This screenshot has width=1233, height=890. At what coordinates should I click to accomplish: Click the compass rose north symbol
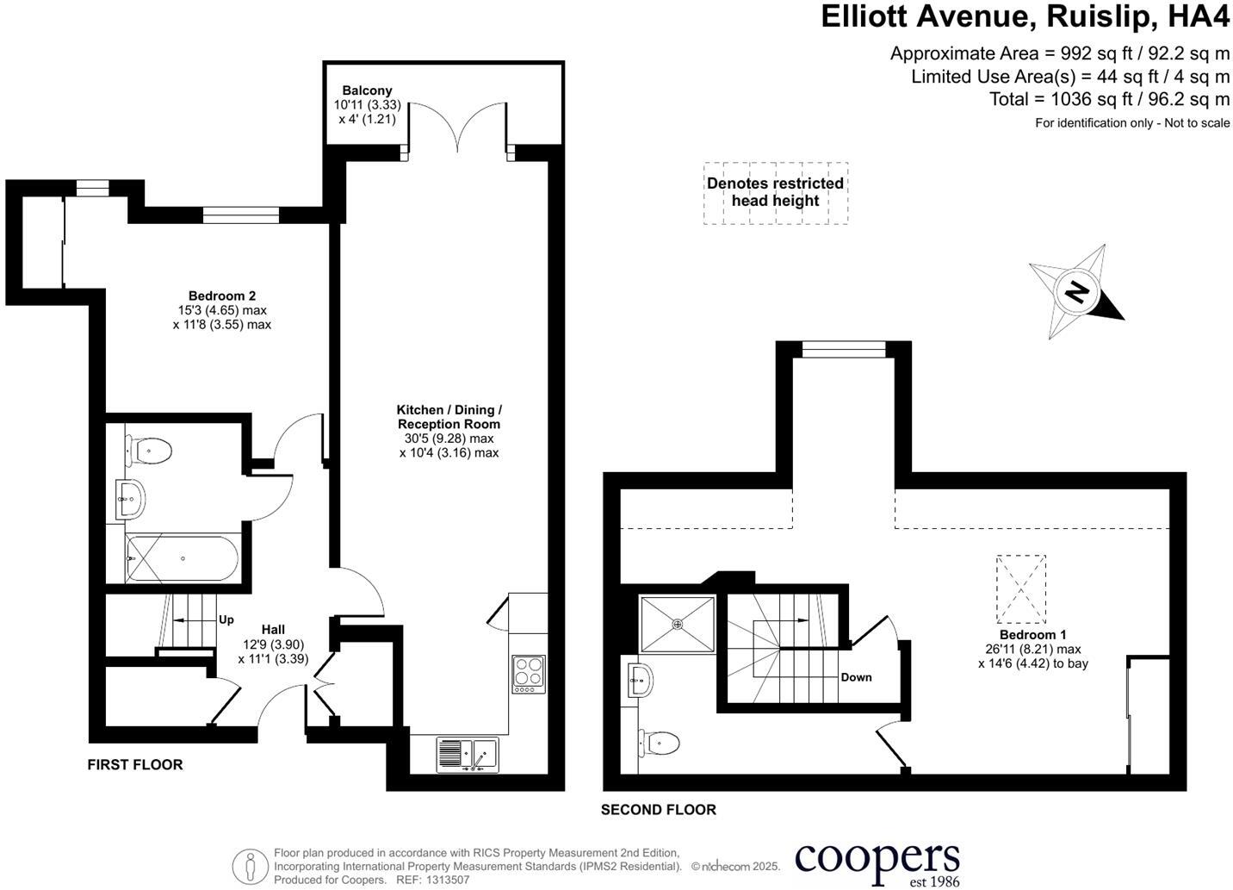1076,292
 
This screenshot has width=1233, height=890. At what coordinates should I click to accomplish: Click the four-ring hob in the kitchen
528,673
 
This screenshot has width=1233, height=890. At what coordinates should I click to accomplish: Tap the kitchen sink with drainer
467,755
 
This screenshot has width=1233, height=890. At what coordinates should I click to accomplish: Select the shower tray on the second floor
678,624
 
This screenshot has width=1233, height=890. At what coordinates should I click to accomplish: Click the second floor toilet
660,741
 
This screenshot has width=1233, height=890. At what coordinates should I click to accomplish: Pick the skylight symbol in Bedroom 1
1021,589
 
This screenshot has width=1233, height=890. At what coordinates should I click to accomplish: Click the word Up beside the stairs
226,619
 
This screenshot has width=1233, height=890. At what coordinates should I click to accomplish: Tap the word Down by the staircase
856,677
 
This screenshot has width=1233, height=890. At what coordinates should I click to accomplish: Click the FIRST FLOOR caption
135,764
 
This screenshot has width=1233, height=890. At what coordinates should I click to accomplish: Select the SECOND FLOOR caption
658,810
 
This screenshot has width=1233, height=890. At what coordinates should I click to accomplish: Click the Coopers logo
877,862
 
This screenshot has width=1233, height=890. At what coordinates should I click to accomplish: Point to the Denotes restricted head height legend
775,192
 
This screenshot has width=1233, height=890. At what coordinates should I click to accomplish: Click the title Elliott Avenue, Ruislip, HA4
1025,17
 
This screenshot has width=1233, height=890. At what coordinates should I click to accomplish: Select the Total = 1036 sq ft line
1109,99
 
